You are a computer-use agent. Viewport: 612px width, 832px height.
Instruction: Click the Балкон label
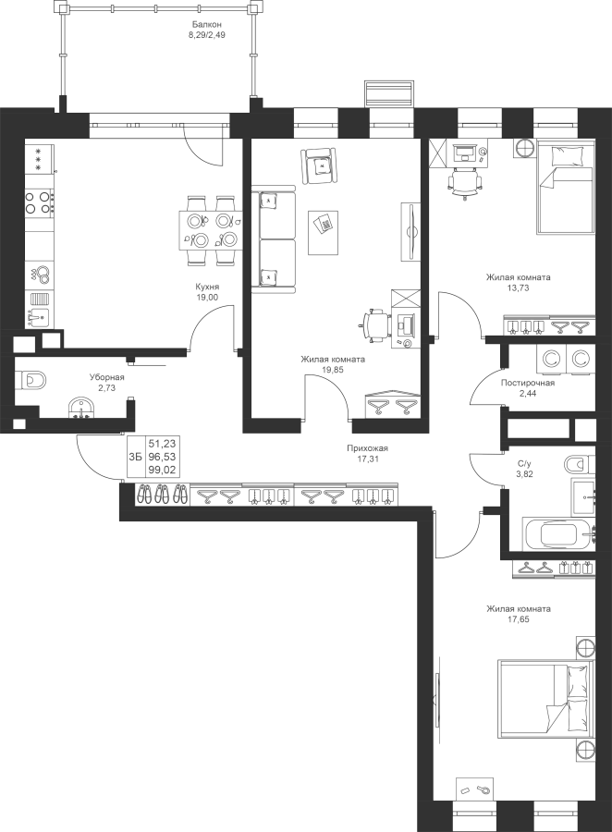click(206, 24)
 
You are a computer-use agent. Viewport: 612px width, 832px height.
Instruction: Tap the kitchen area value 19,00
click(207, 298)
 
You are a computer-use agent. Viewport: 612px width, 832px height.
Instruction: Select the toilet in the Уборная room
click(31, 381)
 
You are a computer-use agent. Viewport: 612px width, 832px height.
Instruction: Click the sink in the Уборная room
click(81, 410)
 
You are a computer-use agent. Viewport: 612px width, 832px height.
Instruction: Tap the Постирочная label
click(528, 383)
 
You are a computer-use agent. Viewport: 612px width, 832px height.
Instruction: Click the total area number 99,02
click(163, 470)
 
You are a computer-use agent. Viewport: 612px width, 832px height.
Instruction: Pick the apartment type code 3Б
click(135, 457)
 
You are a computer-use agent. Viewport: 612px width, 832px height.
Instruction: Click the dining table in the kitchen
click(209, 230)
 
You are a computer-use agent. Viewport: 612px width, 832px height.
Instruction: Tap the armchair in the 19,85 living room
click(319, 166)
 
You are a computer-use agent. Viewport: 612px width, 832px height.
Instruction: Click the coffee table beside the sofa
click(323, 232)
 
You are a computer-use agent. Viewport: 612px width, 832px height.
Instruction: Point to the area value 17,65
click(519, 619)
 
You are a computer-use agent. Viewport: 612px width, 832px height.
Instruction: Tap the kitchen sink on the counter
click(38, 317)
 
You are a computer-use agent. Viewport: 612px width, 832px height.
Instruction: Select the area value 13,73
click(519, 288)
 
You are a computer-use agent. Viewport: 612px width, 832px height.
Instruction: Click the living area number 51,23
click(163, 443)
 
